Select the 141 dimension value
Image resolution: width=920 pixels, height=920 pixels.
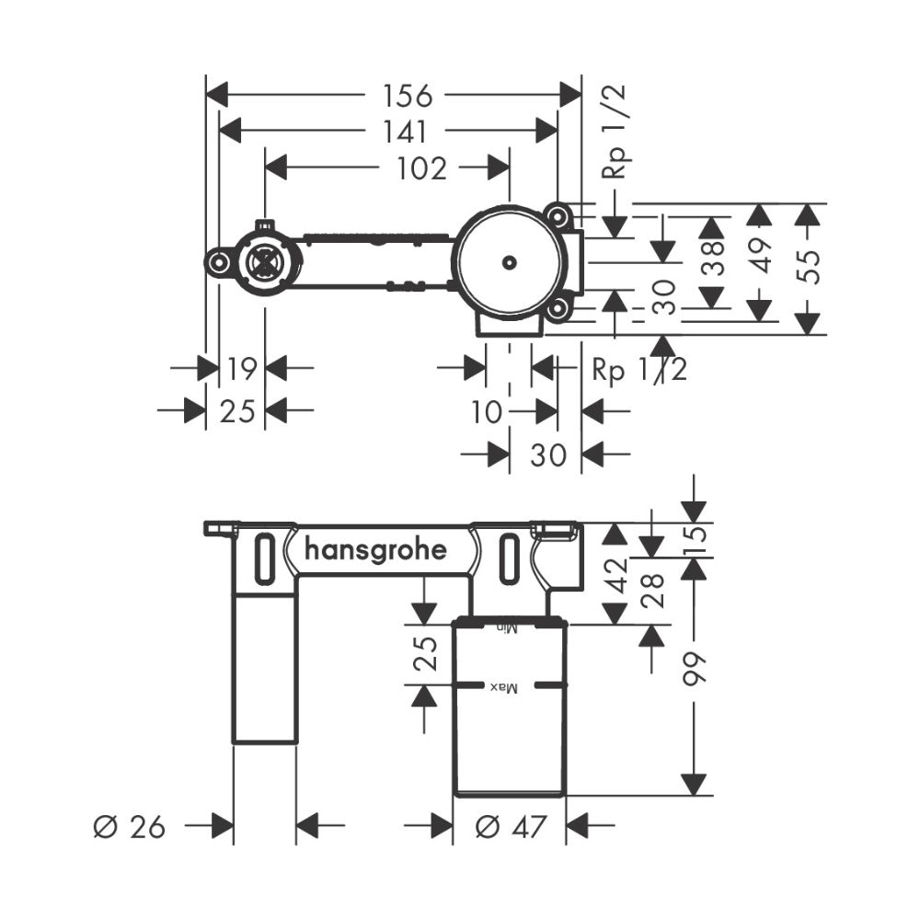coord(400,131)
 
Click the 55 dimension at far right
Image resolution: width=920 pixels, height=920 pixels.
coord(807,264)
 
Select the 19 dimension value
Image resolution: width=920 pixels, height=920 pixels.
coord(241,370)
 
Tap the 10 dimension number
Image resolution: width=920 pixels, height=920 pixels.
coord(487,412)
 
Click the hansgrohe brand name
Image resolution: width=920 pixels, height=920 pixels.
coord(375,551)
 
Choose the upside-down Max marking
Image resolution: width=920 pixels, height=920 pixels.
coord(505,687)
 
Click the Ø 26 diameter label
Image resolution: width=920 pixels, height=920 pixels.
coord(130,827)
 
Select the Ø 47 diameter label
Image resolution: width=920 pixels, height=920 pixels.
coord(510,827)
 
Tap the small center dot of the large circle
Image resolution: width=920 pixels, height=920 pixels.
coord(508,263)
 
